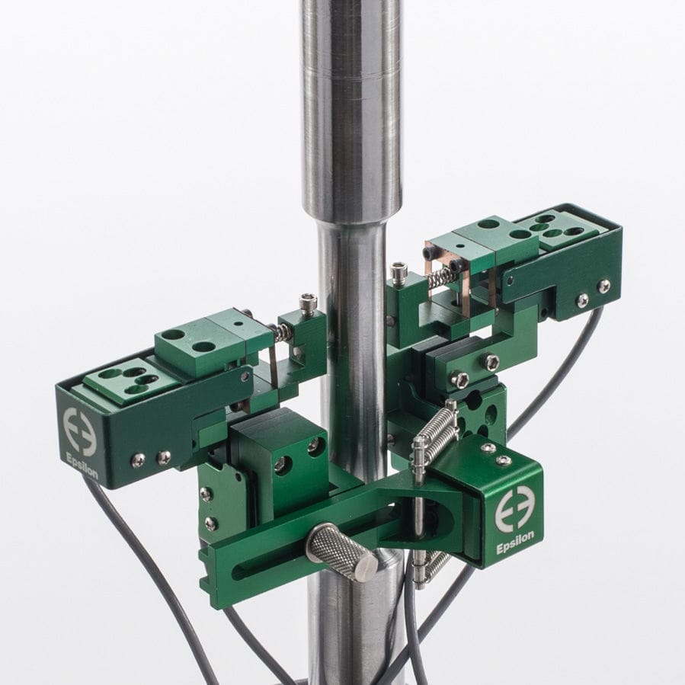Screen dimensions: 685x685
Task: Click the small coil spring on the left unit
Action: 282,331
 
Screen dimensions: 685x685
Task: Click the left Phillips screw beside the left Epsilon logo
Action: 138,459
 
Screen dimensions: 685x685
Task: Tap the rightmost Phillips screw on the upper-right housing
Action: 603,286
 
